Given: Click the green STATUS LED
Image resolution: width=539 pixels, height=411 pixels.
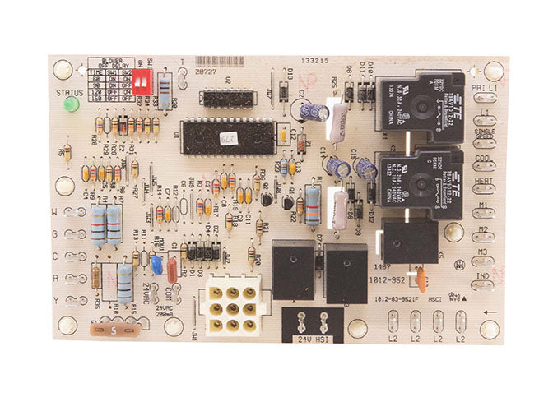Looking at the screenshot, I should (71, 105).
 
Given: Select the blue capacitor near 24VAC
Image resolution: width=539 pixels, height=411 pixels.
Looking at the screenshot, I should (156, 265).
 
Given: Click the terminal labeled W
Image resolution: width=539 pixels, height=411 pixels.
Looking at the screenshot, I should (76, 212).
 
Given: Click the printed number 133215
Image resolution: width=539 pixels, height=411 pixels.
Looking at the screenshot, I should (317, 62).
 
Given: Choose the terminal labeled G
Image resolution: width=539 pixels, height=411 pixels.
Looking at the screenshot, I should (76, 234).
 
